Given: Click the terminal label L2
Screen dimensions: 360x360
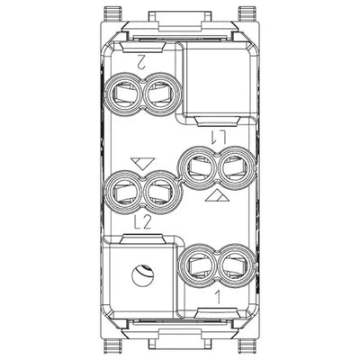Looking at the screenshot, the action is pos(142,222).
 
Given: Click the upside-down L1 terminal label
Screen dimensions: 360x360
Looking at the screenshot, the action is pos(219,137).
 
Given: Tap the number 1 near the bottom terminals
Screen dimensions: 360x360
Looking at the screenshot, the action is pos(219,297).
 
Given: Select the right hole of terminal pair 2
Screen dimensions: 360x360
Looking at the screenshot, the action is pos(161,94).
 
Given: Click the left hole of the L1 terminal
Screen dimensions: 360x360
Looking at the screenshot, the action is pos(197,168).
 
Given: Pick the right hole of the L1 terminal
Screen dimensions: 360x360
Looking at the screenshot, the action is pos(235,168).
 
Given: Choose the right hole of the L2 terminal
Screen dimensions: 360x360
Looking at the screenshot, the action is pos(161,193).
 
